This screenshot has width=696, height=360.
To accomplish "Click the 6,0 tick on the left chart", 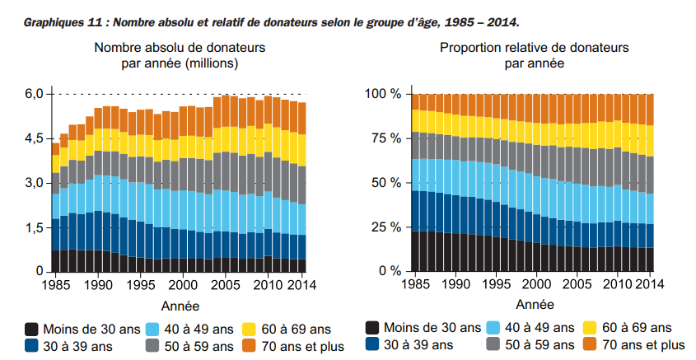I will (x=34, y=94).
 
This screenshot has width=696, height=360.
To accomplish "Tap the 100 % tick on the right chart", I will (x=382, y=94).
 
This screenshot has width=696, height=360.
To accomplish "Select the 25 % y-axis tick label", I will (x=385, y=227).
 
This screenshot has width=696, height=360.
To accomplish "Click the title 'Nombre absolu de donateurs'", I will (x=180, y=49).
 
